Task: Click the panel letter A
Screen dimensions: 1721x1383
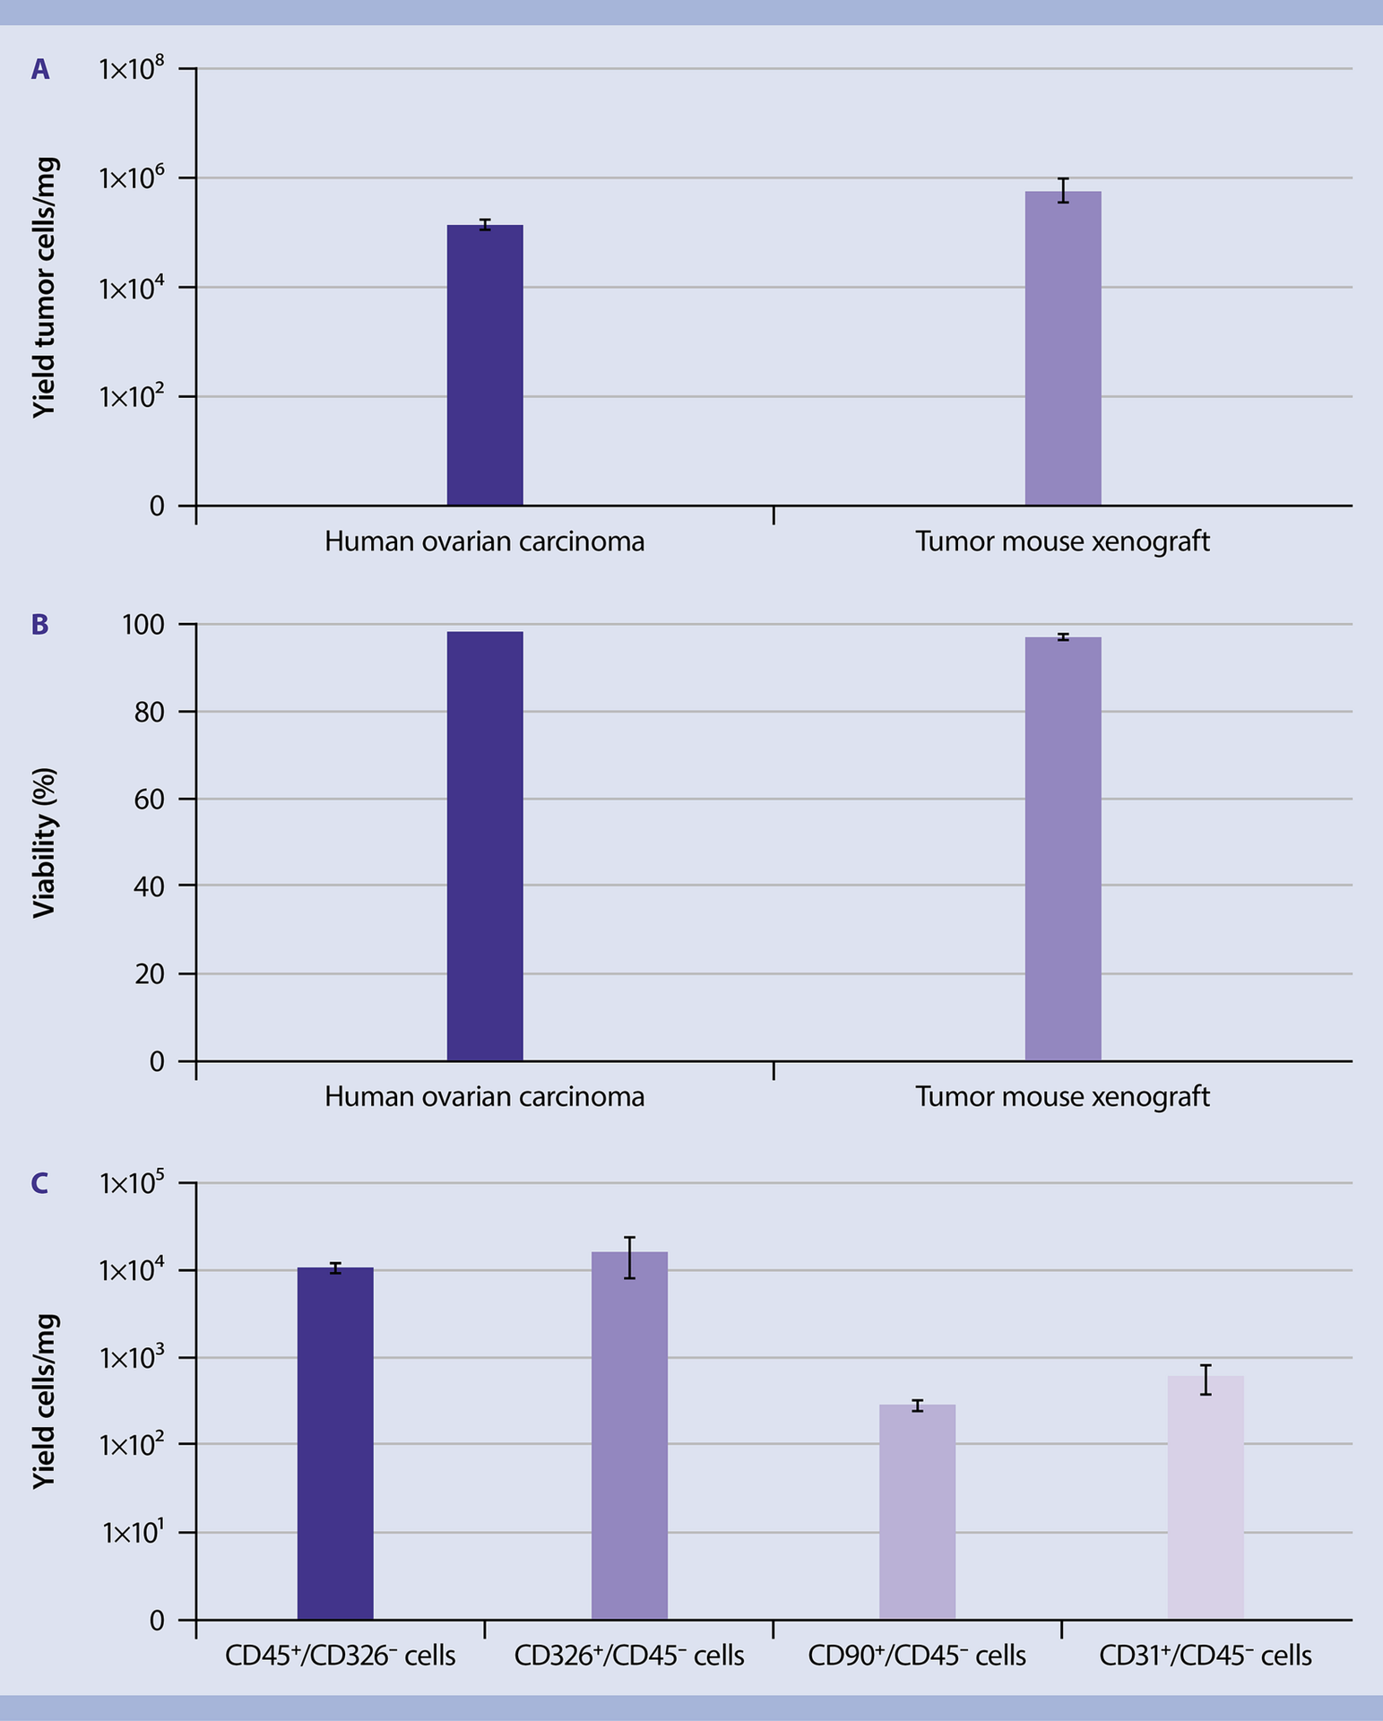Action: pos(40,70)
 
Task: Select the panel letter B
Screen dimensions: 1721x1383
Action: pos(40,625)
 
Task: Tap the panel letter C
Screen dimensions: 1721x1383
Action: pos(40,1184)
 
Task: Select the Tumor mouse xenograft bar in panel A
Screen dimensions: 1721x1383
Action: pos(1063,349)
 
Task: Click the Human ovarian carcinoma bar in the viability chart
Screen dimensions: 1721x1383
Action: pos(485,846)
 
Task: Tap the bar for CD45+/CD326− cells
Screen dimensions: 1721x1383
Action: pos(335,1444)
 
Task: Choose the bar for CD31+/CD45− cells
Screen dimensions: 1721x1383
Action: pos(1206,1498)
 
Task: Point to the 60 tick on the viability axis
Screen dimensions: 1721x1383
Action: pos(150,799)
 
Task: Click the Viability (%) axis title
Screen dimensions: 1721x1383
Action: pos(45,843)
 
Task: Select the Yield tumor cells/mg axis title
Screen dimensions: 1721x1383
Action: pos(45,287)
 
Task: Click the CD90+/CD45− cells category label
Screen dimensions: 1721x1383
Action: pos(917,1656)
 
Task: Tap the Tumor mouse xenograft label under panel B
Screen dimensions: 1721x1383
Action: pos(1062,1096)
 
